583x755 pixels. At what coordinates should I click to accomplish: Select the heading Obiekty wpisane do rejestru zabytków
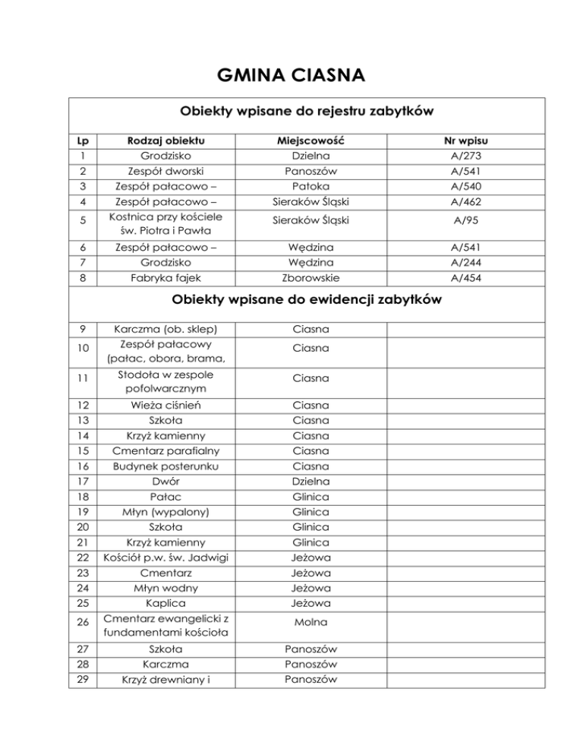click(x=306, y=112)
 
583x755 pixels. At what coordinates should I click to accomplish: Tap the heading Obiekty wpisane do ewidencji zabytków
click(x=306, y=299)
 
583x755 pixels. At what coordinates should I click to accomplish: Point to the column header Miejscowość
click(x=311, y=140)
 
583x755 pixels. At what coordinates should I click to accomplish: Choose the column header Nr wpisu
click(x=467, y=140)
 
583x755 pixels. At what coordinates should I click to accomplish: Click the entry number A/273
click(x=467, y=156)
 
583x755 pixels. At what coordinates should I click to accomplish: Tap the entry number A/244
click(x=467, y=263)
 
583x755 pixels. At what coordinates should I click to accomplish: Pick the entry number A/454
click(x=467, y=278)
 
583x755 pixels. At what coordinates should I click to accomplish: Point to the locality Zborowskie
click(x=311, y=278)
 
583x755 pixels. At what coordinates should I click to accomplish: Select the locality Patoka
click(x=311, y=186)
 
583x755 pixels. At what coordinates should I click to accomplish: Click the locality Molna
click(x=311, y=621)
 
